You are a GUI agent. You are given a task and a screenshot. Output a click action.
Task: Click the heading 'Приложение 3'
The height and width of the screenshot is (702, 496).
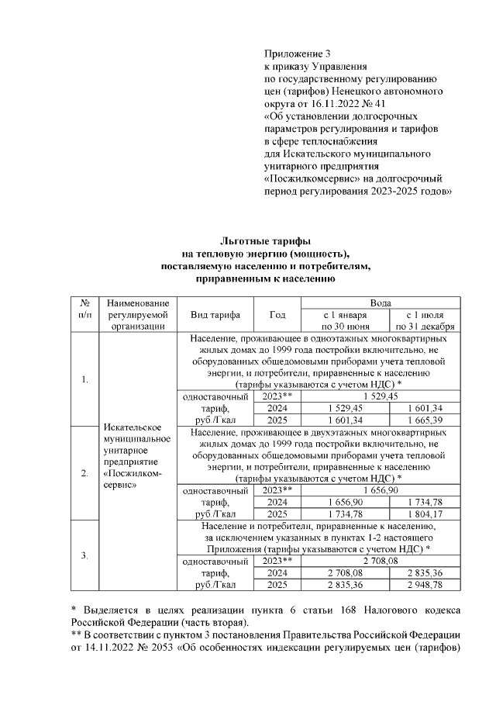(x=298, y=54)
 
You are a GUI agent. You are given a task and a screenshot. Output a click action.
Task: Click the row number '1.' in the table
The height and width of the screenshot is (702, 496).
(x=85, y=379)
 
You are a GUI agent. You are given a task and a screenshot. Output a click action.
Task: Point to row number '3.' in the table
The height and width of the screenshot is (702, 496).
(x=85, y=555)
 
